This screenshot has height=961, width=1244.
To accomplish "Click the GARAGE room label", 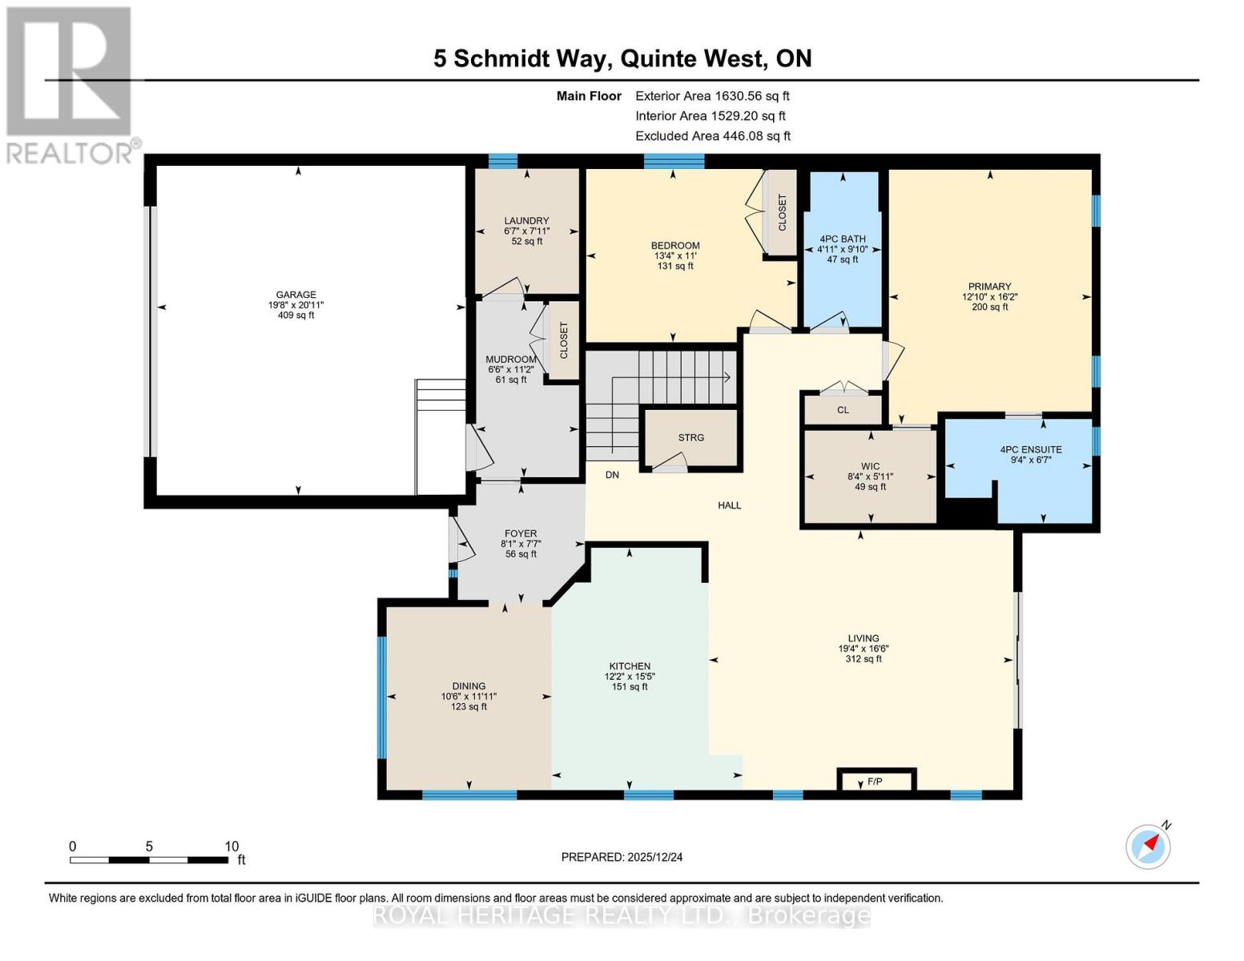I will [296, 295].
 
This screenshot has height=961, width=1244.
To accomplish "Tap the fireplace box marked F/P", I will [875, 781].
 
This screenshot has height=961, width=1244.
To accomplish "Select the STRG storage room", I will [690, 437].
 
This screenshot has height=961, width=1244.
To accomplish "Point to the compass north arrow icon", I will [1149, 846].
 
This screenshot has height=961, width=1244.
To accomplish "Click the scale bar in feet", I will [148, 860].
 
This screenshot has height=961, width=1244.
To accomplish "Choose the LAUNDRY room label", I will [526, 221].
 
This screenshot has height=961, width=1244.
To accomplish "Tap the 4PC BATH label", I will [843, 239].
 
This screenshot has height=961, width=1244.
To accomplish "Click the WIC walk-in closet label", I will [870, 466].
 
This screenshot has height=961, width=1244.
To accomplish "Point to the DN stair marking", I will [612, 475].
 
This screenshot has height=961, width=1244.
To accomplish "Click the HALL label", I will [729, 505].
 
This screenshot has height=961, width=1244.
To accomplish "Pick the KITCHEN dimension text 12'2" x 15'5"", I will [630, 677].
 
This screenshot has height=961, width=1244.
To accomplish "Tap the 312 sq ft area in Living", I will [864, 659].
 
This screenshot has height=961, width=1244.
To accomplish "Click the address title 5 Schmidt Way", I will [622, 58].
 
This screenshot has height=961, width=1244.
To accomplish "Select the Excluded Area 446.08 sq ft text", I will [712, 136].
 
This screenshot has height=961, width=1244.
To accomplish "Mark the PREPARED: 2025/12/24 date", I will [622, 857].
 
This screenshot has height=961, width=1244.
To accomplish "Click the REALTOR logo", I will [70, 84].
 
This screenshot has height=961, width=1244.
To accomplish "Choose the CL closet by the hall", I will [843, 410].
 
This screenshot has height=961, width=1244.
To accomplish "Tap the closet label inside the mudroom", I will [564, 340].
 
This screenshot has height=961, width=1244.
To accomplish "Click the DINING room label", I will [469, 686].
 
